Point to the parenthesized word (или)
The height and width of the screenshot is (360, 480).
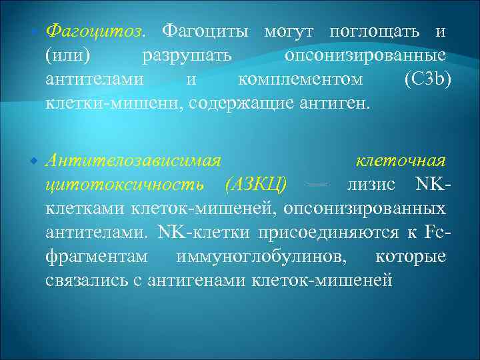[67, 55]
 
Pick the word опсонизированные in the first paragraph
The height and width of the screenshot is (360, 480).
[365, 55]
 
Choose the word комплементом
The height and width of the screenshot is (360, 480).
[300, 79]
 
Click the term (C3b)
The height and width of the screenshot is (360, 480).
[427, 79]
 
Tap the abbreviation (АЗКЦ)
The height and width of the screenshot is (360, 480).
[257, 185]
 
